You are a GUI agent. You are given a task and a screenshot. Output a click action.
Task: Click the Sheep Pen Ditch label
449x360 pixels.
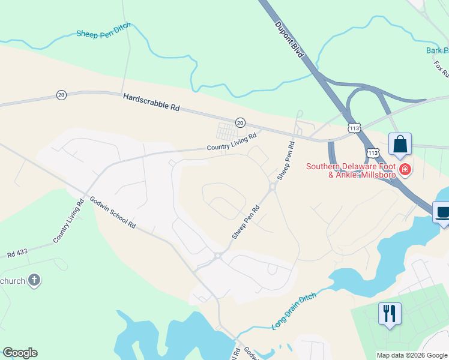click(104, 33)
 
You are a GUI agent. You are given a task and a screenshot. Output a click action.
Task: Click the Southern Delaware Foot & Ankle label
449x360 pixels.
click(351, 170)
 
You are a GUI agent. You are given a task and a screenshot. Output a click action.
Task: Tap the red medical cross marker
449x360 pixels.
click(405, 170)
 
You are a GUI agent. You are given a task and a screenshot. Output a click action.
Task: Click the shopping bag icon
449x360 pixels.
click(400, 145)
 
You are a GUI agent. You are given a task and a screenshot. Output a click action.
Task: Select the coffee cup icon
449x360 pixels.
click(443, 212)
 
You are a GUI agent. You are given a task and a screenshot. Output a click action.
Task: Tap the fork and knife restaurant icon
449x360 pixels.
click(390, 313)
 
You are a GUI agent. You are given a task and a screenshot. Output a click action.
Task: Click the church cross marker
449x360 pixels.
click(34, 280)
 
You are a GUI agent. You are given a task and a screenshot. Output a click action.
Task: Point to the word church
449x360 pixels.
click(13, 281)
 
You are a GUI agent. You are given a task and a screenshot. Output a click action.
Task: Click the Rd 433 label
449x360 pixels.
click(19, 254)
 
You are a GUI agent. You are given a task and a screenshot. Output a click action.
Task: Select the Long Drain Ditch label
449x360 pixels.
click(294, 309)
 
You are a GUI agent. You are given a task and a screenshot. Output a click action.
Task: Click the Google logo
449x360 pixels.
click(20, 353)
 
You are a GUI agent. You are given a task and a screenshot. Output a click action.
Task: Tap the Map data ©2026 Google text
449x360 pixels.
click(412, 355)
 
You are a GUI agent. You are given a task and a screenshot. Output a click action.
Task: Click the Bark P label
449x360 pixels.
click(436, 50)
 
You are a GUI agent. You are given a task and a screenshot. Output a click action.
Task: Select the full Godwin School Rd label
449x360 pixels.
click(113, 212)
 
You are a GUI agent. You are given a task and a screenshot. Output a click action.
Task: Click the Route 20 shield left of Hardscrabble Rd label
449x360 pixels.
click(61, 95)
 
